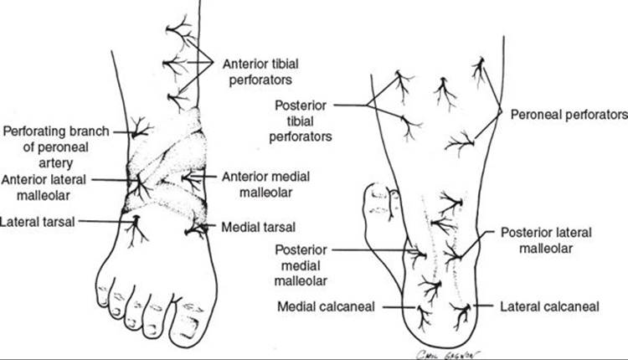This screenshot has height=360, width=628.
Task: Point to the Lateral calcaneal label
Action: point(548,306)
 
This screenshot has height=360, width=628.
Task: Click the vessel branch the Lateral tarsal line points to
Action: point(132,224)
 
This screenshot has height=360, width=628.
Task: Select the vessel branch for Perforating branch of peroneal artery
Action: point(137,130)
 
